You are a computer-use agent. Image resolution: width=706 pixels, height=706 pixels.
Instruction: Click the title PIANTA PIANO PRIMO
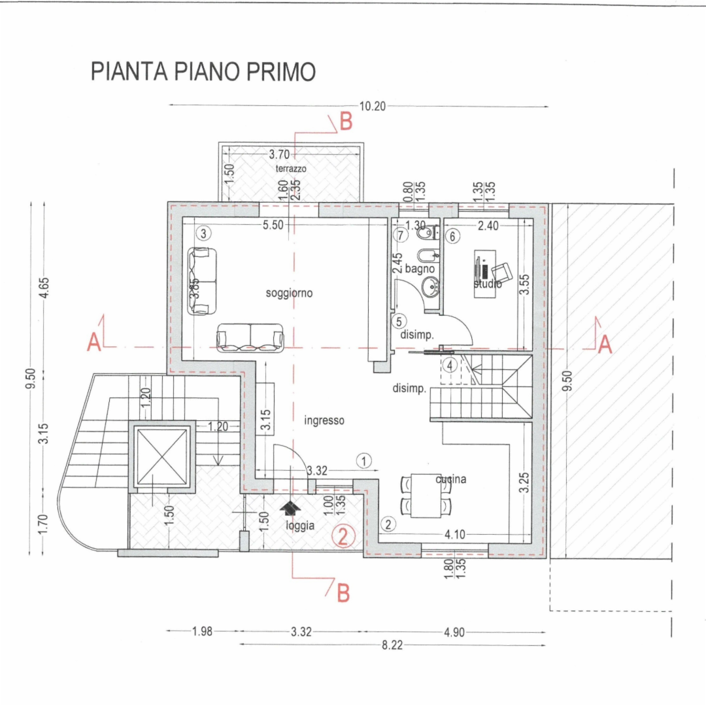pos(203,72)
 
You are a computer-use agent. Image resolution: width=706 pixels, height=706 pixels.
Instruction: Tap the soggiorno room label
pos(289,294)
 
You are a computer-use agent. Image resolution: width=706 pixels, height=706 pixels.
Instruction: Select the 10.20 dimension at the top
pos(373,106)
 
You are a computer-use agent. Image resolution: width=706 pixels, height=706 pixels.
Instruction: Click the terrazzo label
pos(291,168)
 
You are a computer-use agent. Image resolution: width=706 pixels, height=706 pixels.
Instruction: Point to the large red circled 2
pos(344,536)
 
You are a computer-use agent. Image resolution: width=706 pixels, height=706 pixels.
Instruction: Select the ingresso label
pos(324,420)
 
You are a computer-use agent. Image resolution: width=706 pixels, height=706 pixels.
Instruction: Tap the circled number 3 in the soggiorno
pos(204,233)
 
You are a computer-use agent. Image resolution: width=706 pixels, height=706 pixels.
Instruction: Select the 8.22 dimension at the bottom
pos(392,645)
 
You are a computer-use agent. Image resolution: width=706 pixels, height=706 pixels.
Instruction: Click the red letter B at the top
pos(346,122)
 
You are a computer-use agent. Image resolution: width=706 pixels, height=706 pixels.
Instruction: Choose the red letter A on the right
pos(605,344)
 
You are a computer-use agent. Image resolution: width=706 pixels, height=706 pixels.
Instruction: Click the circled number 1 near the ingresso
pos(364,460)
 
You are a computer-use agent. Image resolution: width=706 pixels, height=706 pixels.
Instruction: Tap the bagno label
pos(420,268)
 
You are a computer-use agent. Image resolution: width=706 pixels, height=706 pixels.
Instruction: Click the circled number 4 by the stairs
pos(449,365)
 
